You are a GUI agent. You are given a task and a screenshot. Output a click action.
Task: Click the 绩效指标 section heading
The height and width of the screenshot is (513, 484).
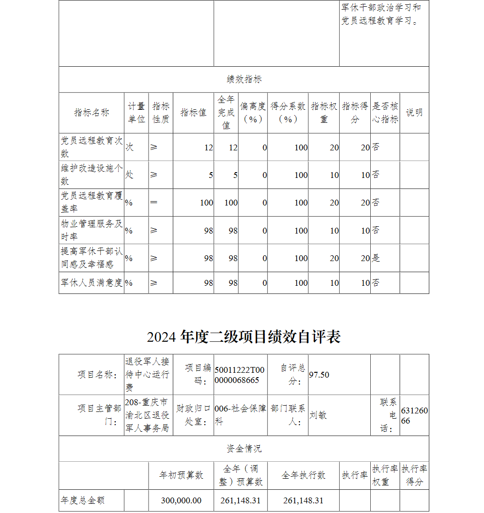coord(244,80)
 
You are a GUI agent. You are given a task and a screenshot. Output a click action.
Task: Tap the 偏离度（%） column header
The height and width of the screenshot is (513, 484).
coord(253,113)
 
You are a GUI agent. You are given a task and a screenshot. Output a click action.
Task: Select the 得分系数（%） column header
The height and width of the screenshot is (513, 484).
coord(288,113)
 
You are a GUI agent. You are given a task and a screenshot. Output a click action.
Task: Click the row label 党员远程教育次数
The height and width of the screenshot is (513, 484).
coord(91,147)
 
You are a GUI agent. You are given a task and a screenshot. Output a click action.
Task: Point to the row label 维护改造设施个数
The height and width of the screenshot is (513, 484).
coord(91,175)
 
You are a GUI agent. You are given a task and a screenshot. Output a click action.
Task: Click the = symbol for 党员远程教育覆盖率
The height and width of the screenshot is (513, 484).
coord(154,203)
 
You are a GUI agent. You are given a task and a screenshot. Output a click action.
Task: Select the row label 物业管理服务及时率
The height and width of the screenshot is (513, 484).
coord(91,230)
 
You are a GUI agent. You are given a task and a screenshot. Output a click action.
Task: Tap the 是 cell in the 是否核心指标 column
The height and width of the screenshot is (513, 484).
coord(376,258)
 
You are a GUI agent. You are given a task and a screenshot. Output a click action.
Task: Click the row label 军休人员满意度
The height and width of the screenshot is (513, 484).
coord(91,283)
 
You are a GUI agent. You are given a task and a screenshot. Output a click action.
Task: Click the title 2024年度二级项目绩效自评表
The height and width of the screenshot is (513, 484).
coord(244,337)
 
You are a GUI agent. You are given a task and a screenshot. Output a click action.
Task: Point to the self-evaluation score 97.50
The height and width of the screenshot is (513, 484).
coord(319,375)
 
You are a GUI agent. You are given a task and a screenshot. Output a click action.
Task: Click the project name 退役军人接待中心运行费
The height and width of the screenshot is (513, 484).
coord(147,375)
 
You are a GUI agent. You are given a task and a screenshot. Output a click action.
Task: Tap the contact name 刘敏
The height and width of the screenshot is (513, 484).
coord(318,415)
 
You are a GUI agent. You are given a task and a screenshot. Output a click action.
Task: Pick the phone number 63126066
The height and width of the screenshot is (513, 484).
coord(414,415)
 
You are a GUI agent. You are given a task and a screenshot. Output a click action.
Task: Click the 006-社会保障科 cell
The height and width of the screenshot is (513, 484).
coord(240,415)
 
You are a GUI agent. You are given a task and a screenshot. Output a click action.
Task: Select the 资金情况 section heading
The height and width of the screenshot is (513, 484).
coord(244,449)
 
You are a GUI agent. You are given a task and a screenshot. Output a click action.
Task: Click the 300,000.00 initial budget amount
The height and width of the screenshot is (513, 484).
coord(181,500)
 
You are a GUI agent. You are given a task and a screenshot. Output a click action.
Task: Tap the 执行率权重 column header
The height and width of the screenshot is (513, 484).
coord(385,475)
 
